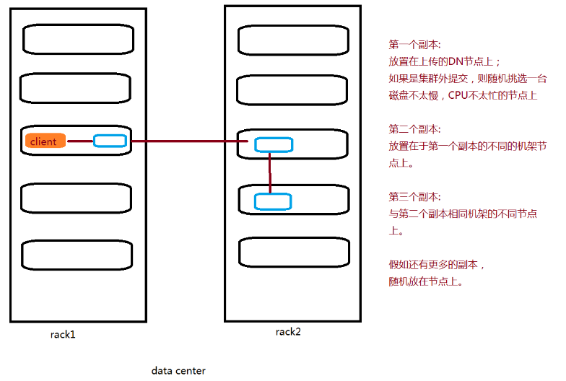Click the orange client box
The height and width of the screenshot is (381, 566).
(x=45, y=141)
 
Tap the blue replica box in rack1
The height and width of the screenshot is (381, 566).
(x=110, y=141)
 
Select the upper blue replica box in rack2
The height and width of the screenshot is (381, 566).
(x=274, y=144)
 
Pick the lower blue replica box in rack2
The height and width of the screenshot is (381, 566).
(x=272, y=201)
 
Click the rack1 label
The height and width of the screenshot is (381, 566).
(x=63, y=334)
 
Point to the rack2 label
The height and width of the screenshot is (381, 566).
(x=288, y=331)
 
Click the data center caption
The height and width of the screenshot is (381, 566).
(x=178, y=371)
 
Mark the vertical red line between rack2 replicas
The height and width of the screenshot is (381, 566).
(x=270, y=173)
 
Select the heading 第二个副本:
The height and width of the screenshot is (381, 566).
(x=415, y=129)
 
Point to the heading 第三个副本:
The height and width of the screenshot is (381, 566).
(x=415, y=197)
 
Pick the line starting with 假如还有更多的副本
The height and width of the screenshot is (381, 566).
(x=437, y=265)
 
